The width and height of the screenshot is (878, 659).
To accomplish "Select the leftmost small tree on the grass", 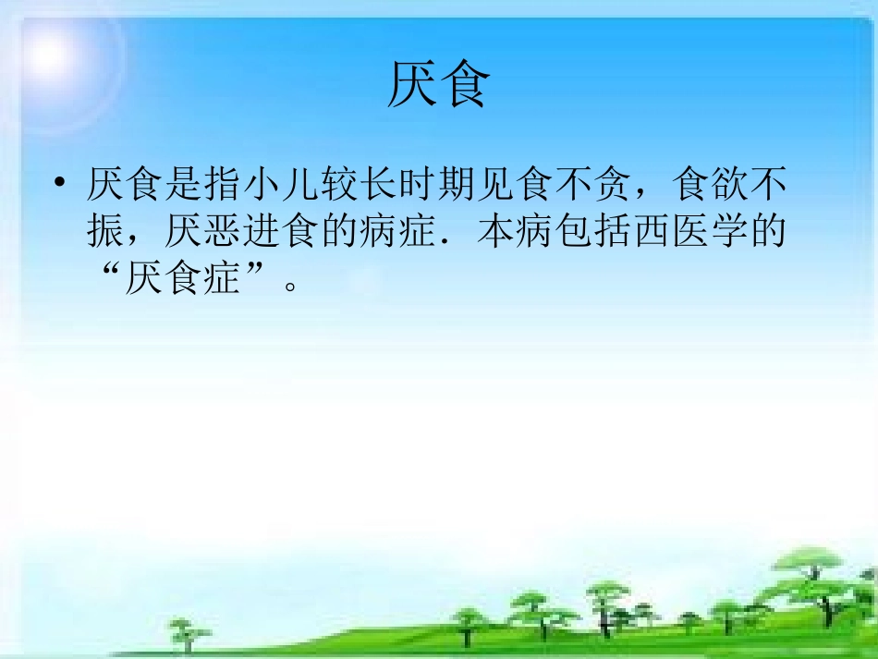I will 189,632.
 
